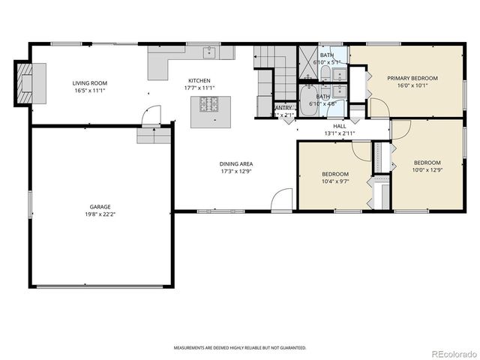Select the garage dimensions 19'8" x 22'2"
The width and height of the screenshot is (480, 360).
coord(100,214)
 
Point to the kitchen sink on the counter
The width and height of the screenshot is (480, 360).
coord(209,52)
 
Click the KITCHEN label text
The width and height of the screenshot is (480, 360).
coord(199,81)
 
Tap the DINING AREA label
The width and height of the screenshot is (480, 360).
coord(236,163)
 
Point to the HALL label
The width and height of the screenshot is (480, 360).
coord(339,126)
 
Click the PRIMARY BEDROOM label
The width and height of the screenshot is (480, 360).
coord(412,78)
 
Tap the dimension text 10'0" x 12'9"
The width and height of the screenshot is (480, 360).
coord(427,170)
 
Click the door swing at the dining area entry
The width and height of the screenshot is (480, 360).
coord(281,199)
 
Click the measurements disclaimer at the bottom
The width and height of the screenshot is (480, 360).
coord(240,348)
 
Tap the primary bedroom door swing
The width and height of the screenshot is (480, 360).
coord(379,107)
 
